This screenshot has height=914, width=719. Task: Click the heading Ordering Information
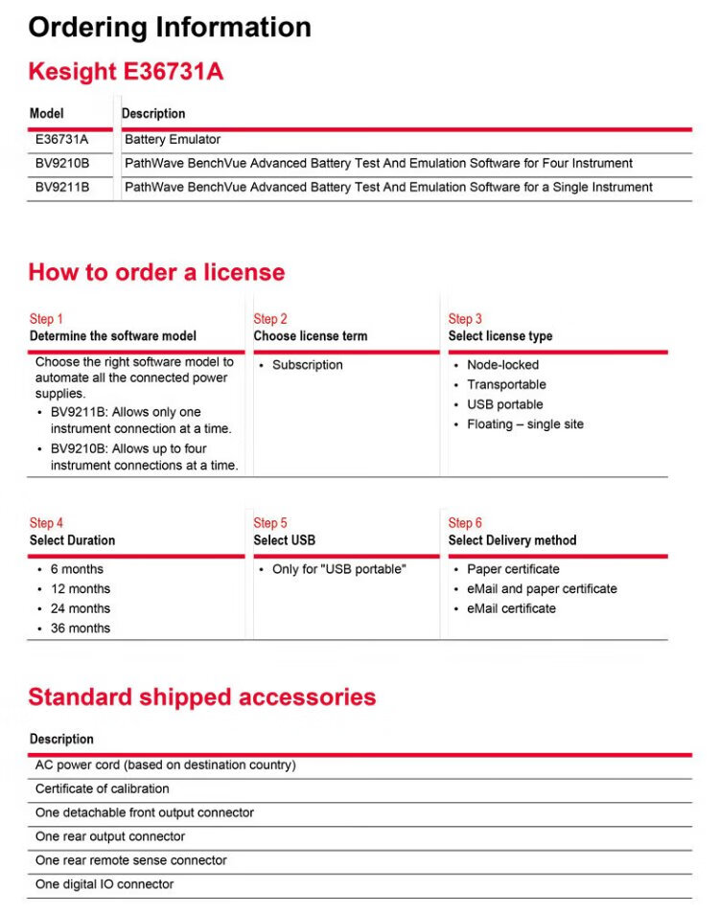click(170, 27)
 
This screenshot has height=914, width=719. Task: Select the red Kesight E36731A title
click(126, 72)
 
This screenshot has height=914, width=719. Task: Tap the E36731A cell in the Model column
click(61, 140)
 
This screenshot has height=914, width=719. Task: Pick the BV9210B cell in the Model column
click(62, 163)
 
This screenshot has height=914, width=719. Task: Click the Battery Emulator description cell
click(173, 140)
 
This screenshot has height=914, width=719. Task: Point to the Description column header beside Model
click(153, 114)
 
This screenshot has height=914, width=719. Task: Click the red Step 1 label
click(46, 319)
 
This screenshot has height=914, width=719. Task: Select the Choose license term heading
click(310, 336)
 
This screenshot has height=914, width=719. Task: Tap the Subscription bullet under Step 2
click(307, 365)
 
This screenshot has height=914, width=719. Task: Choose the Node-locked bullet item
click(502, 365)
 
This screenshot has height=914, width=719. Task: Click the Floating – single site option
click(524, 424)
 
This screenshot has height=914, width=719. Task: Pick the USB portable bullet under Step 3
click(505, 404)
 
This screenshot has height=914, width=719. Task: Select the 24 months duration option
click(81, 608)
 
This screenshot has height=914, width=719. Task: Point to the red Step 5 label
click(270, 523)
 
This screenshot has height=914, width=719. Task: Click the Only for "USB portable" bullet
click(338, 569)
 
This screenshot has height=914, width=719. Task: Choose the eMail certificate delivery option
click(511, 608)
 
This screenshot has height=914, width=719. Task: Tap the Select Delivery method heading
click(512, 540)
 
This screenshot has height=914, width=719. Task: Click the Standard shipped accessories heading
click(201, 697)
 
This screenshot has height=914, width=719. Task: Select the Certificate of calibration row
click(103, 789)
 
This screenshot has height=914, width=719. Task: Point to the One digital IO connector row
click(104, 884)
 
